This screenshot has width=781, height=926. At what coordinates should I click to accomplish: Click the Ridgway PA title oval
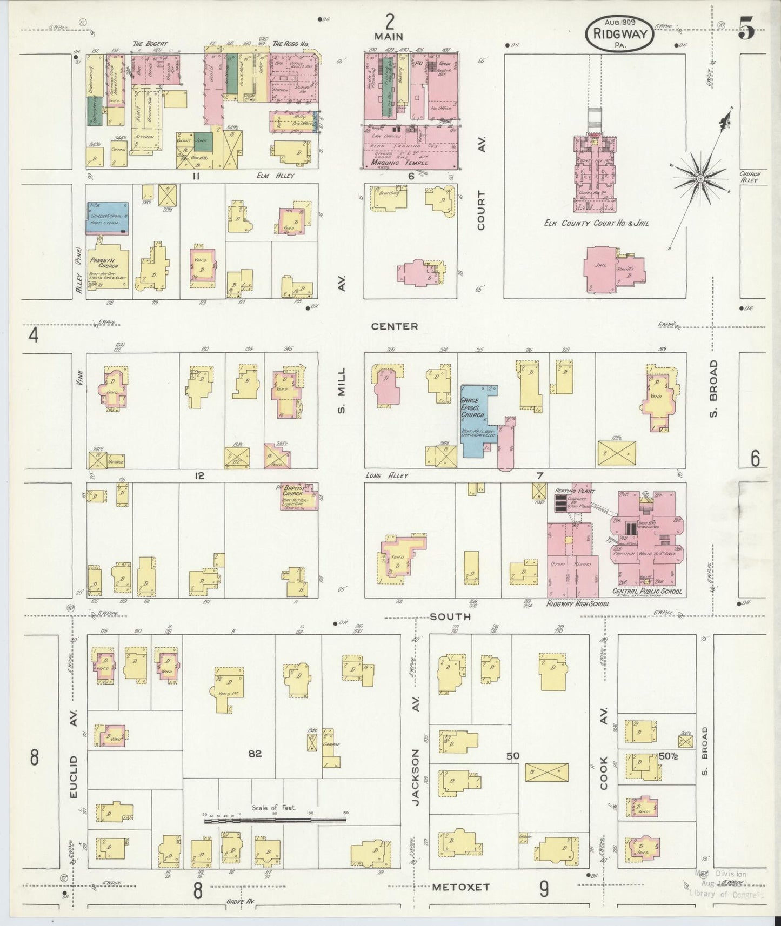click(619, 34)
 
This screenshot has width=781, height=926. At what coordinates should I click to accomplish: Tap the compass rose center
click(700, 178)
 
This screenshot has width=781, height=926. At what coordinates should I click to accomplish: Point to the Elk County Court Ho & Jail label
click(596, 223)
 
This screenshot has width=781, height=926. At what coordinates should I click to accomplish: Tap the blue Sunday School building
click(108, 218)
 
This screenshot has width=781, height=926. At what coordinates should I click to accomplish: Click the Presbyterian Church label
click(104, 263)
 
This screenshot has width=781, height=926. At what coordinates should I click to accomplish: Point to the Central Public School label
click(646, 591)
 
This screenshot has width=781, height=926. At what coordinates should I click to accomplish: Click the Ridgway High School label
click(577, 603)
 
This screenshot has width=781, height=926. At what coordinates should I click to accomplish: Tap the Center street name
click(394, 326)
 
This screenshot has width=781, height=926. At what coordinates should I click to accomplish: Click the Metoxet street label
click(460, 887)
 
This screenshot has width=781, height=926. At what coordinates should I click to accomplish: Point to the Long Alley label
click(386, 475)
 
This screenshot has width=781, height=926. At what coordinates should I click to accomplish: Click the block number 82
click(255, 754)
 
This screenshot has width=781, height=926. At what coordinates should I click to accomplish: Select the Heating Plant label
click(575, 491)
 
